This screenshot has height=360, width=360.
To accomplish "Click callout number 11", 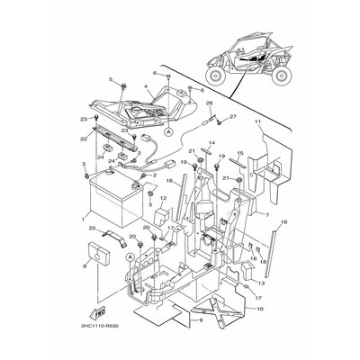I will [x=256, y=121].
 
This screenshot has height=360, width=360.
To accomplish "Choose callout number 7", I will [x=242, y=215].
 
